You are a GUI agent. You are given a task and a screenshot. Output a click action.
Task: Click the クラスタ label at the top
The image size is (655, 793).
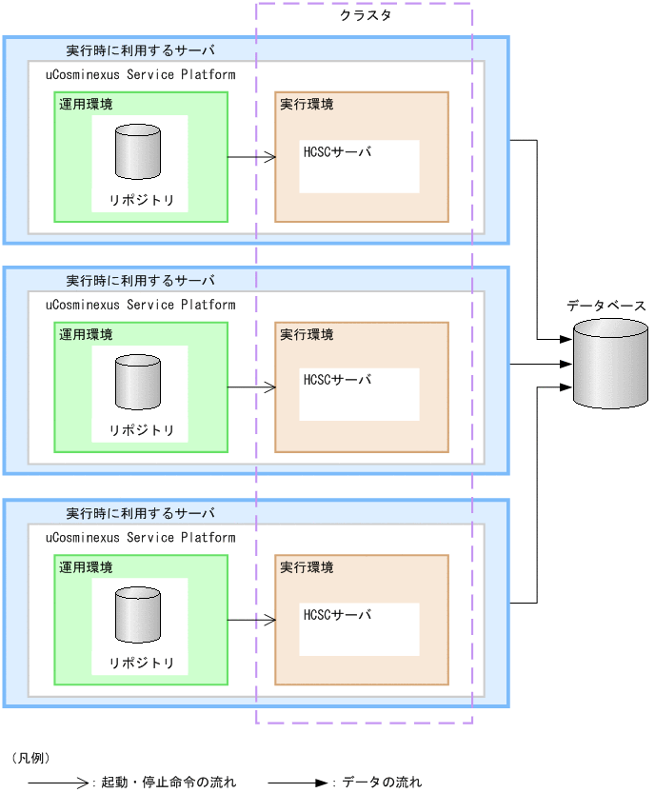[366, 16]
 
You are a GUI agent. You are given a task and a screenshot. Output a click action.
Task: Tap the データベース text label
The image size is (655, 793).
[605, 306]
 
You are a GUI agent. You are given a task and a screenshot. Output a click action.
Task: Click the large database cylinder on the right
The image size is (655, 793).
[610, 364]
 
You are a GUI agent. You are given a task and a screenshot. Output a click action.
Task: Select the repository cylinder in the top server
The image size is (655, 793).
[138, 152]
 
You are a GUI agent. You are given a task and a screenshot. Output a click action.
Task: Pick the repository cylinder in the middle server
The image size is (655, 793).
[138, 382]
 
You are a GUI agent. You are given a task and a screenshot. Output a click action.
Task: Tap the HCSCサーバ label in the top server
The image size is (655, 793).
[337, 151]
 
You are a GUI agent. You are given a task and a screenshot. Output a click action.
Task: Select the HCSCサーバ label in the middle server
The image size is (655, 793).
[337, 380]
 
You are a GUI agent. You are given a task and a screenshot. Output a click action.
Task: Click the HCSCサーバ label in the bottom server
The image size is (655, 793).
[337, 614]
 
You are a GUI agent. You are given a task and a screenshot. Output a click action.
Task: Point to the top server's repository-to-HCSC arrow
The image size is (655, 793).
[251, 157]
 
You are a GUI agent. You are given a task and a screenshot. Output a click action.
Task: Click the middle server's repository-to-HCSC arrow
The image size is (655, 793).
[251, 387]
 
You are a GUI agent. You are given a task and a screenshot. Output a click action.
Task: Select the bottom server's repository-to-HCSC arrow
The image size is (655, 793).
[251, 620]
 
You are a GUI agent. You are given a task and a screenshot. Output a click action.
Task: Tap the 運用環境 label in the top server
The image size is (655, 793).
[86, 104]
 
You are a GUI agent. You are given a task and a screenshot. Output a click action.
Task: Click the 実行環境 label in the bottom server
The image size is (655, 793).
[307, 567]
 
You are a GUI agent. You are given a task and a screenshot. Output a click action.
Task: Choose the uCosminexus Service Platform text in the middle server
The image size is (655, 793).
[140, 305]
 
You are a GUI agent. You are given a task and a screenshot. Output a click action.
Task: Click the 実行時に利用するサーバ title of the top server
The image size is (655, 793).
[140, 50]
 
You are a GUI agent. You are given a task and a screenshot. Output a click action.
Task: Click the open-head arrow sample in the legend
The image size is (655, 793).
[58, 783]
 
